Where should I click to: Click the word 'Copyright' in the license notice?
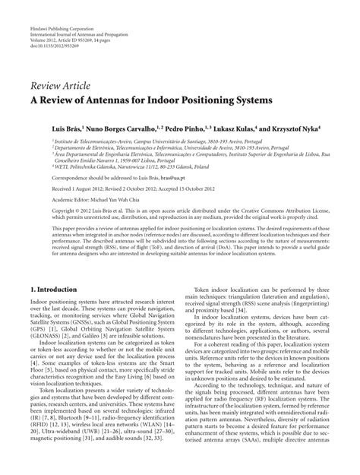point(46,208)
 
